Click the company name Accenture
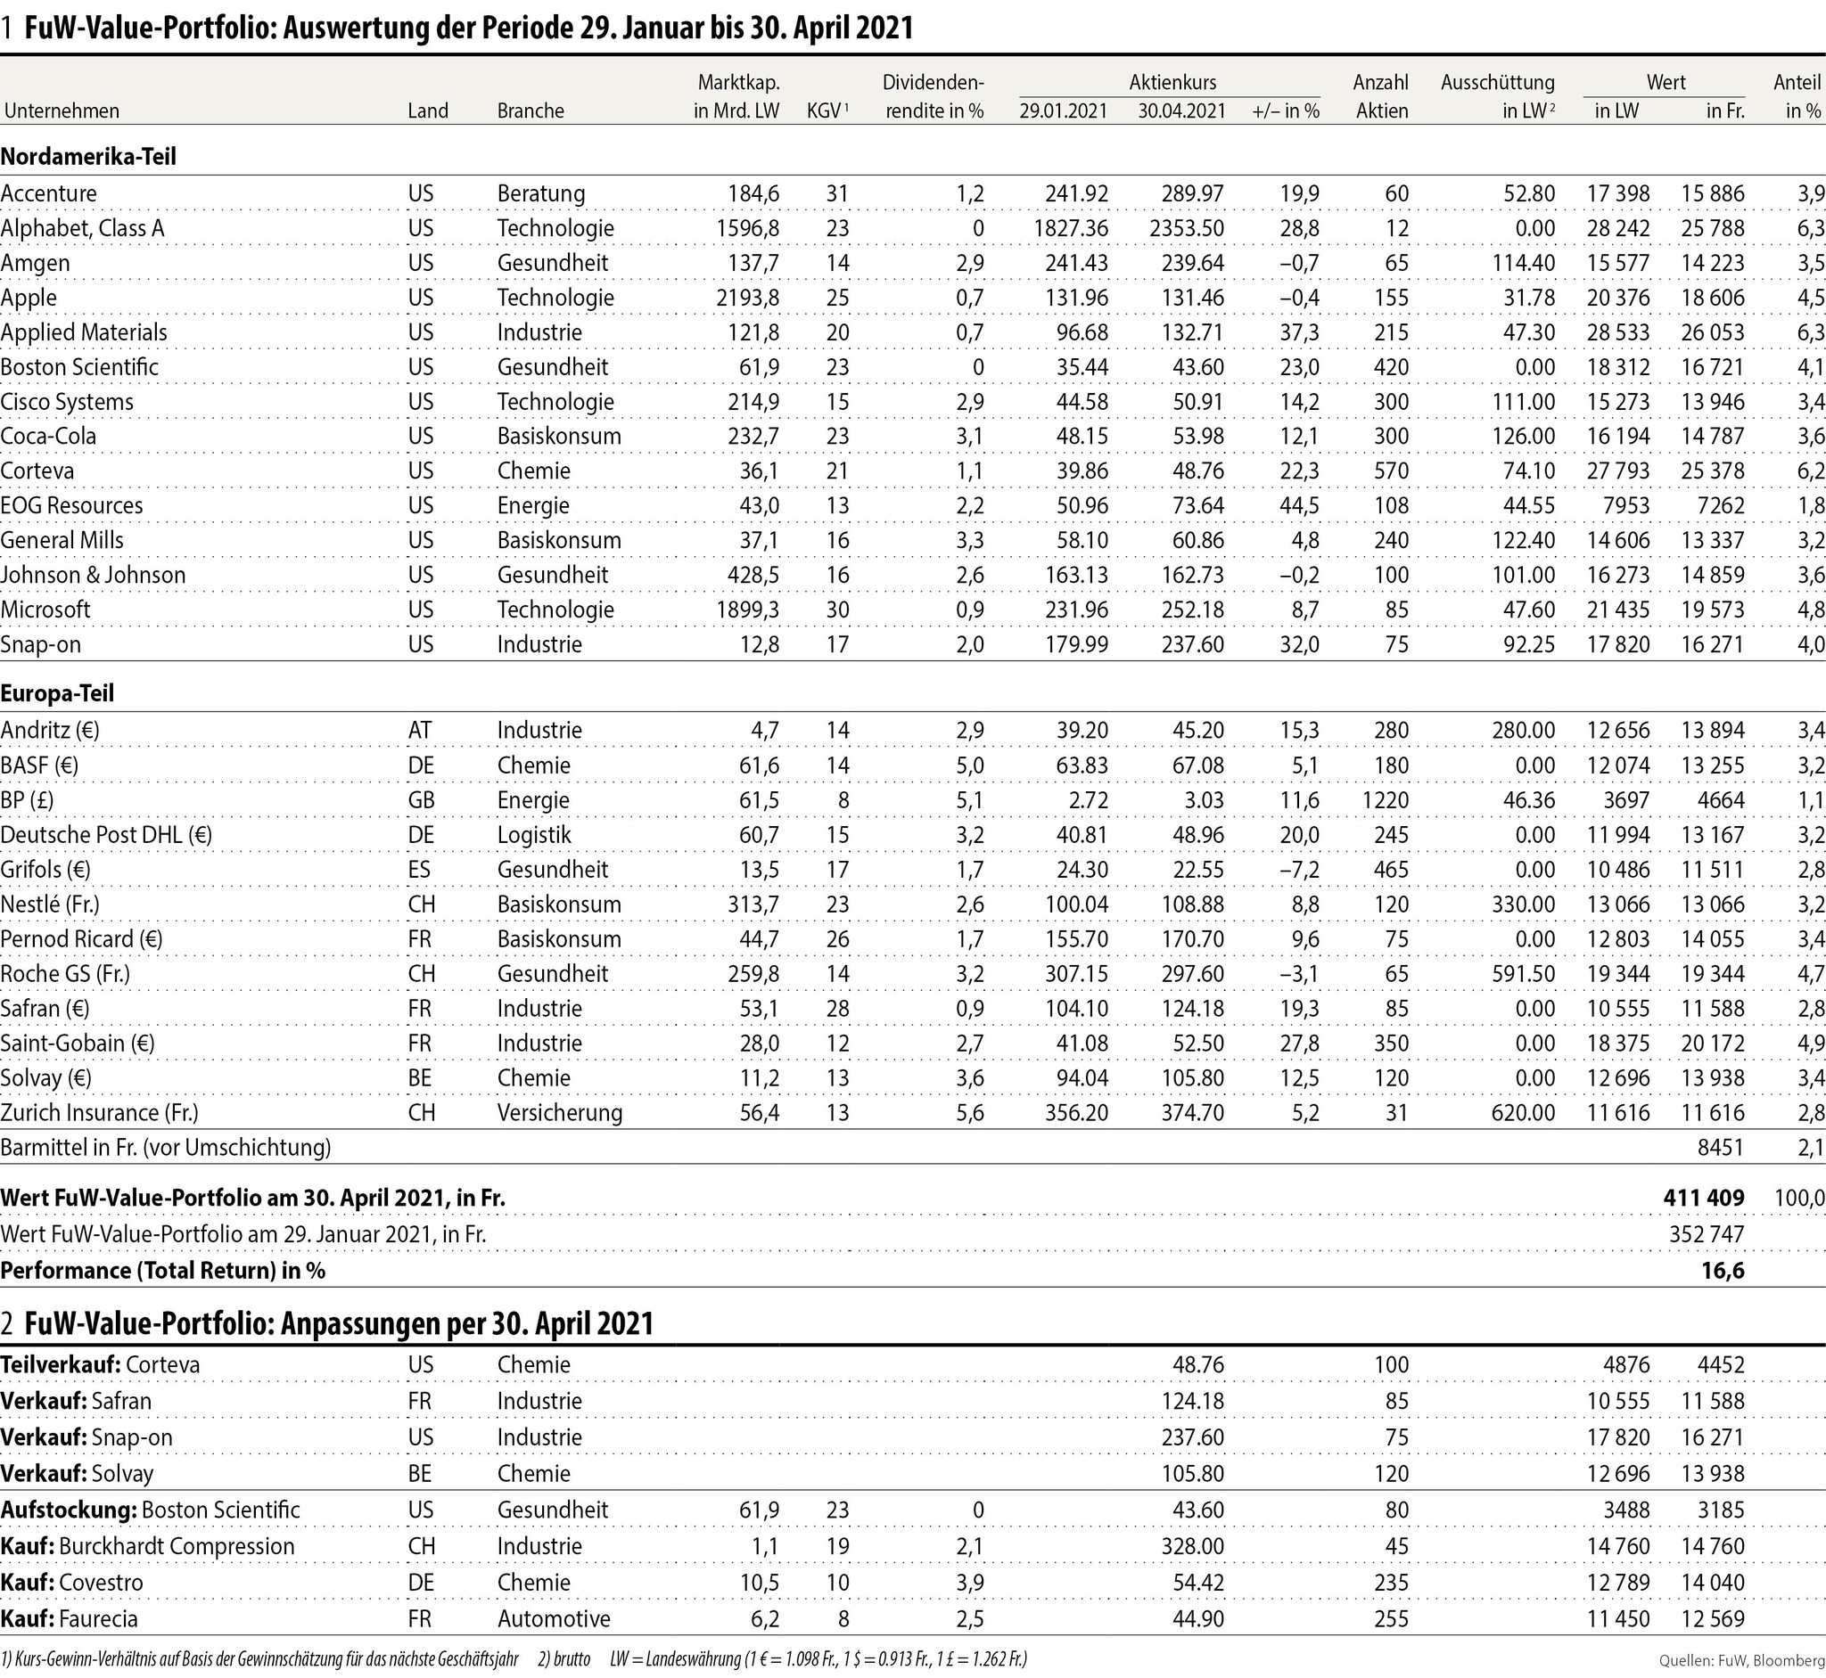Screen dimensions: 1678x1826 click(x=48, y=193)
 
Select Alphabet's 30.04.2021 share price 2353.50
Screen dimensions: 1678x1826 click(x=1187, y=228)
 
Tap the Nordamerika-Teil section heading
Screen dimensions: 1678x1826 click(x=88, y=156)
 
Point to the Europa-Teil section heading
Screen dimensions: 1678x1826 click(x=57, y=693)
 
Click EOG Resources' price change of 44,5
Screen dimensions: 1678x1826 click(x=1299, y=506)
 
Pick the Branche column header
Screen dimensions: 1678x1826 click(x=531, y=111)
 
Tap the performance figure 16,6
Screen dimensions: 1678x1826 click(x=1723, y=1270)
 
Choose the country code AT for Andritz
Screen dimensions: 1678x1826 click(x=420, y=731)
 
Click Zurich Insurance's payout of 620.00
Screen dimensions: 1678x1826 click(x=1523, y=1113)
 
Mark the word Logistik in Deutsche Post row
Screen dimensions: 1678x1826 click(x=534, y=835)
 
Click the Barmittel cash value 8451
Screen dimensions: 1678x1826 click(x=1721, y=1148)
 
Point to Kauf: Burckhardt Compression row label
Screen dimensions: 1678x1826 click(x=147, y=1546)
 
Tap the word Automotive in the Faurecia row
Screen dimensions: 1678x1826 click(x=554, y=1619)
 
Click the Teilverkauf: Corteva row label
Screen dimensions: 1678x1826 click(x=100, y=1364)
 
